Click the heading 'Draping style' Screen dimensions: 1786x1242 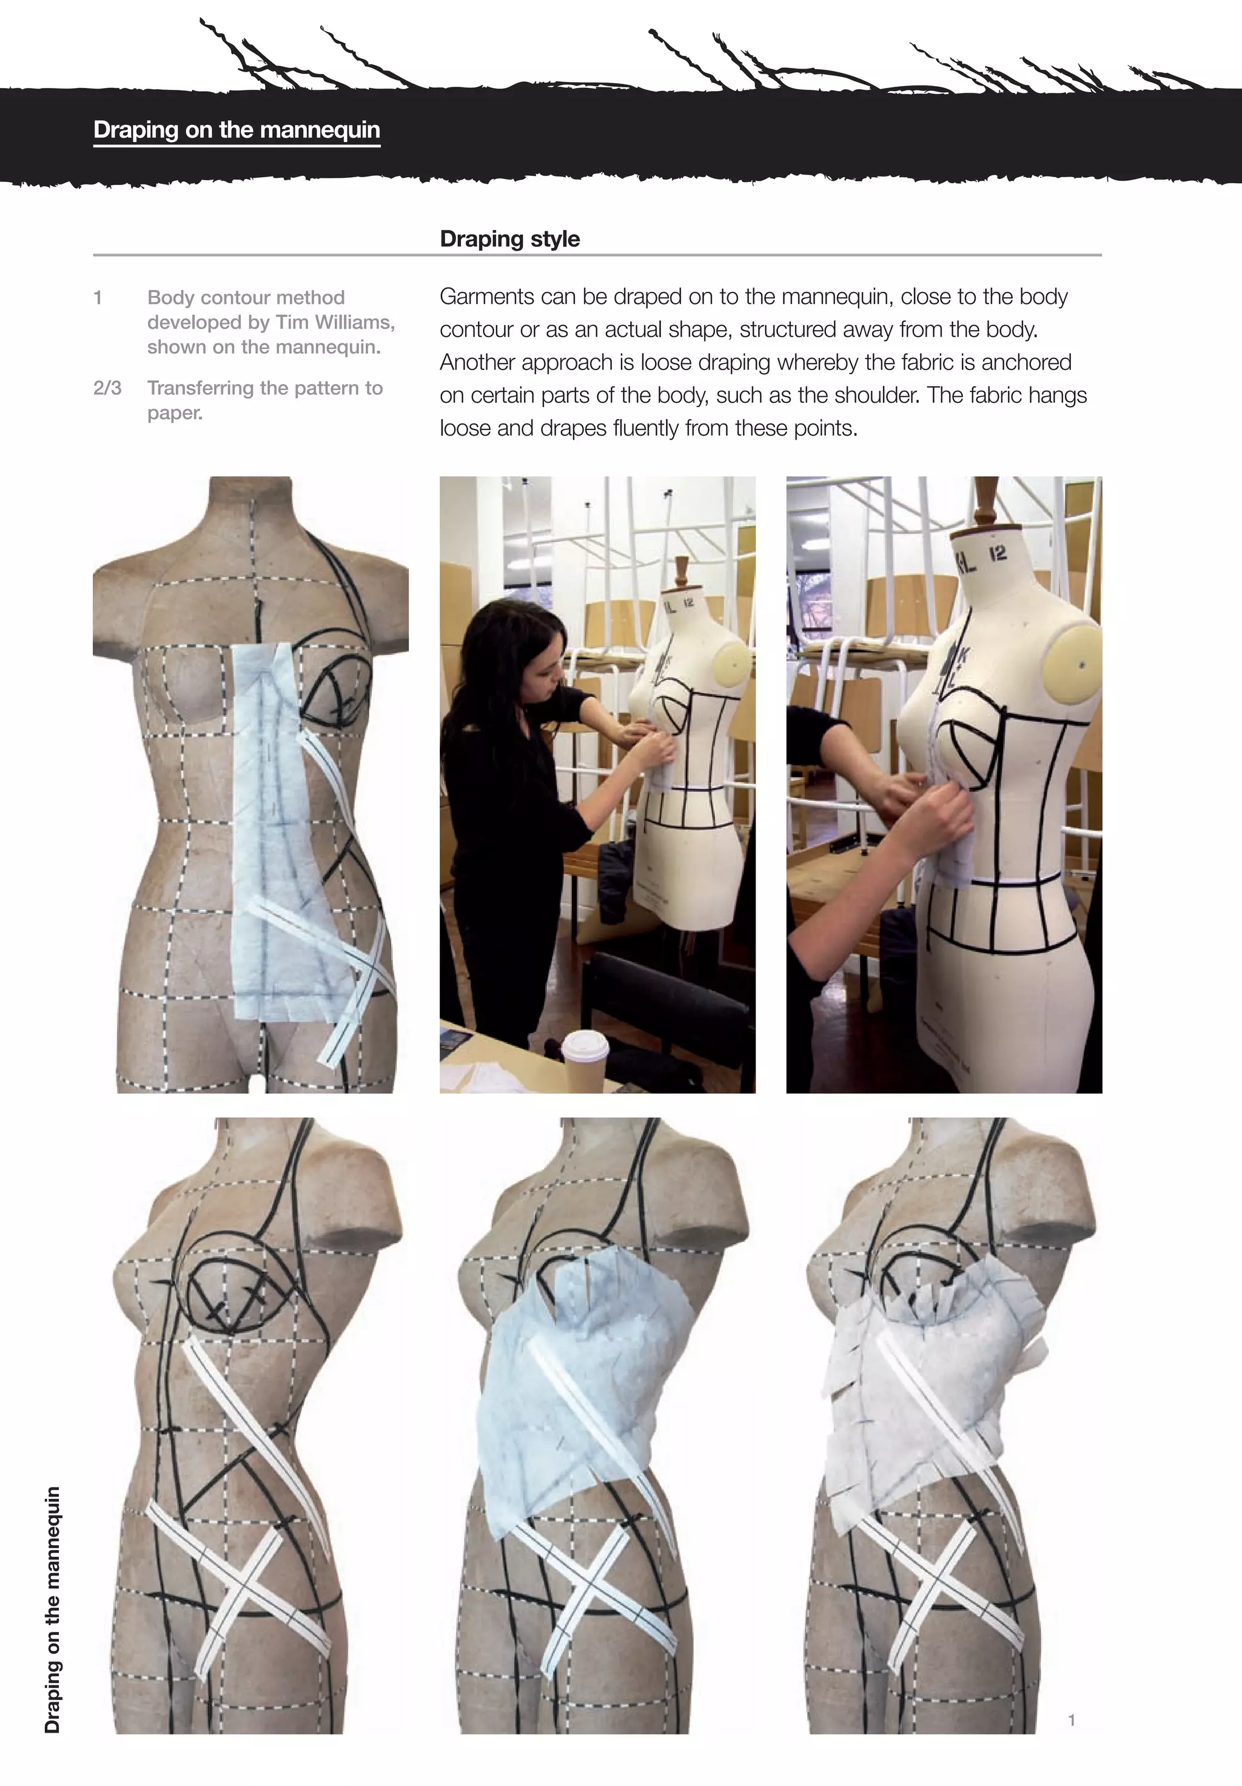[x=509, y=239]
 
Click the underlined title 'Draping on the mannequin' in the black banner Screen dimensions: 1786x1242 [x=237, y=129]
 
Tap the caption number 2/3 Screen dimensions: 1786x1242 [x=107, y=388]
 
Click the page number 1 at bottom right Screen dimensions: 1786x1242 [x=1071, y=1720]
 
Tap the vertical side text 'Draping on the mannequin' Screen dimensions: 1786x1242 [x=52, y=1609]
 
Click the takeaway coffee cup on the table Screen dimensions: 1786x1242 [x=585, y=1062]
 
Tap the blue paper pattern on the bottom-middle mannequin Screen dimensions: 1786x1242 [x=576, y=1392]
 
